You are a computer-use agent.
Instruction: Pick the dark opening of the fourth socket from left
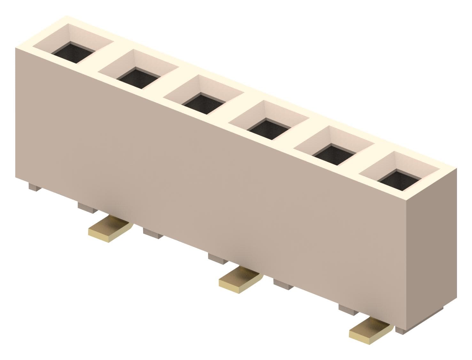269,129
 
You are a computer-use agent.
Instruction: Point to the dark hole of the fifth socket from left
335,155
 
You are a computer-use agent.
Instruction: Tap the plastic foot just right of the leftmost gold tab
153,233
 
